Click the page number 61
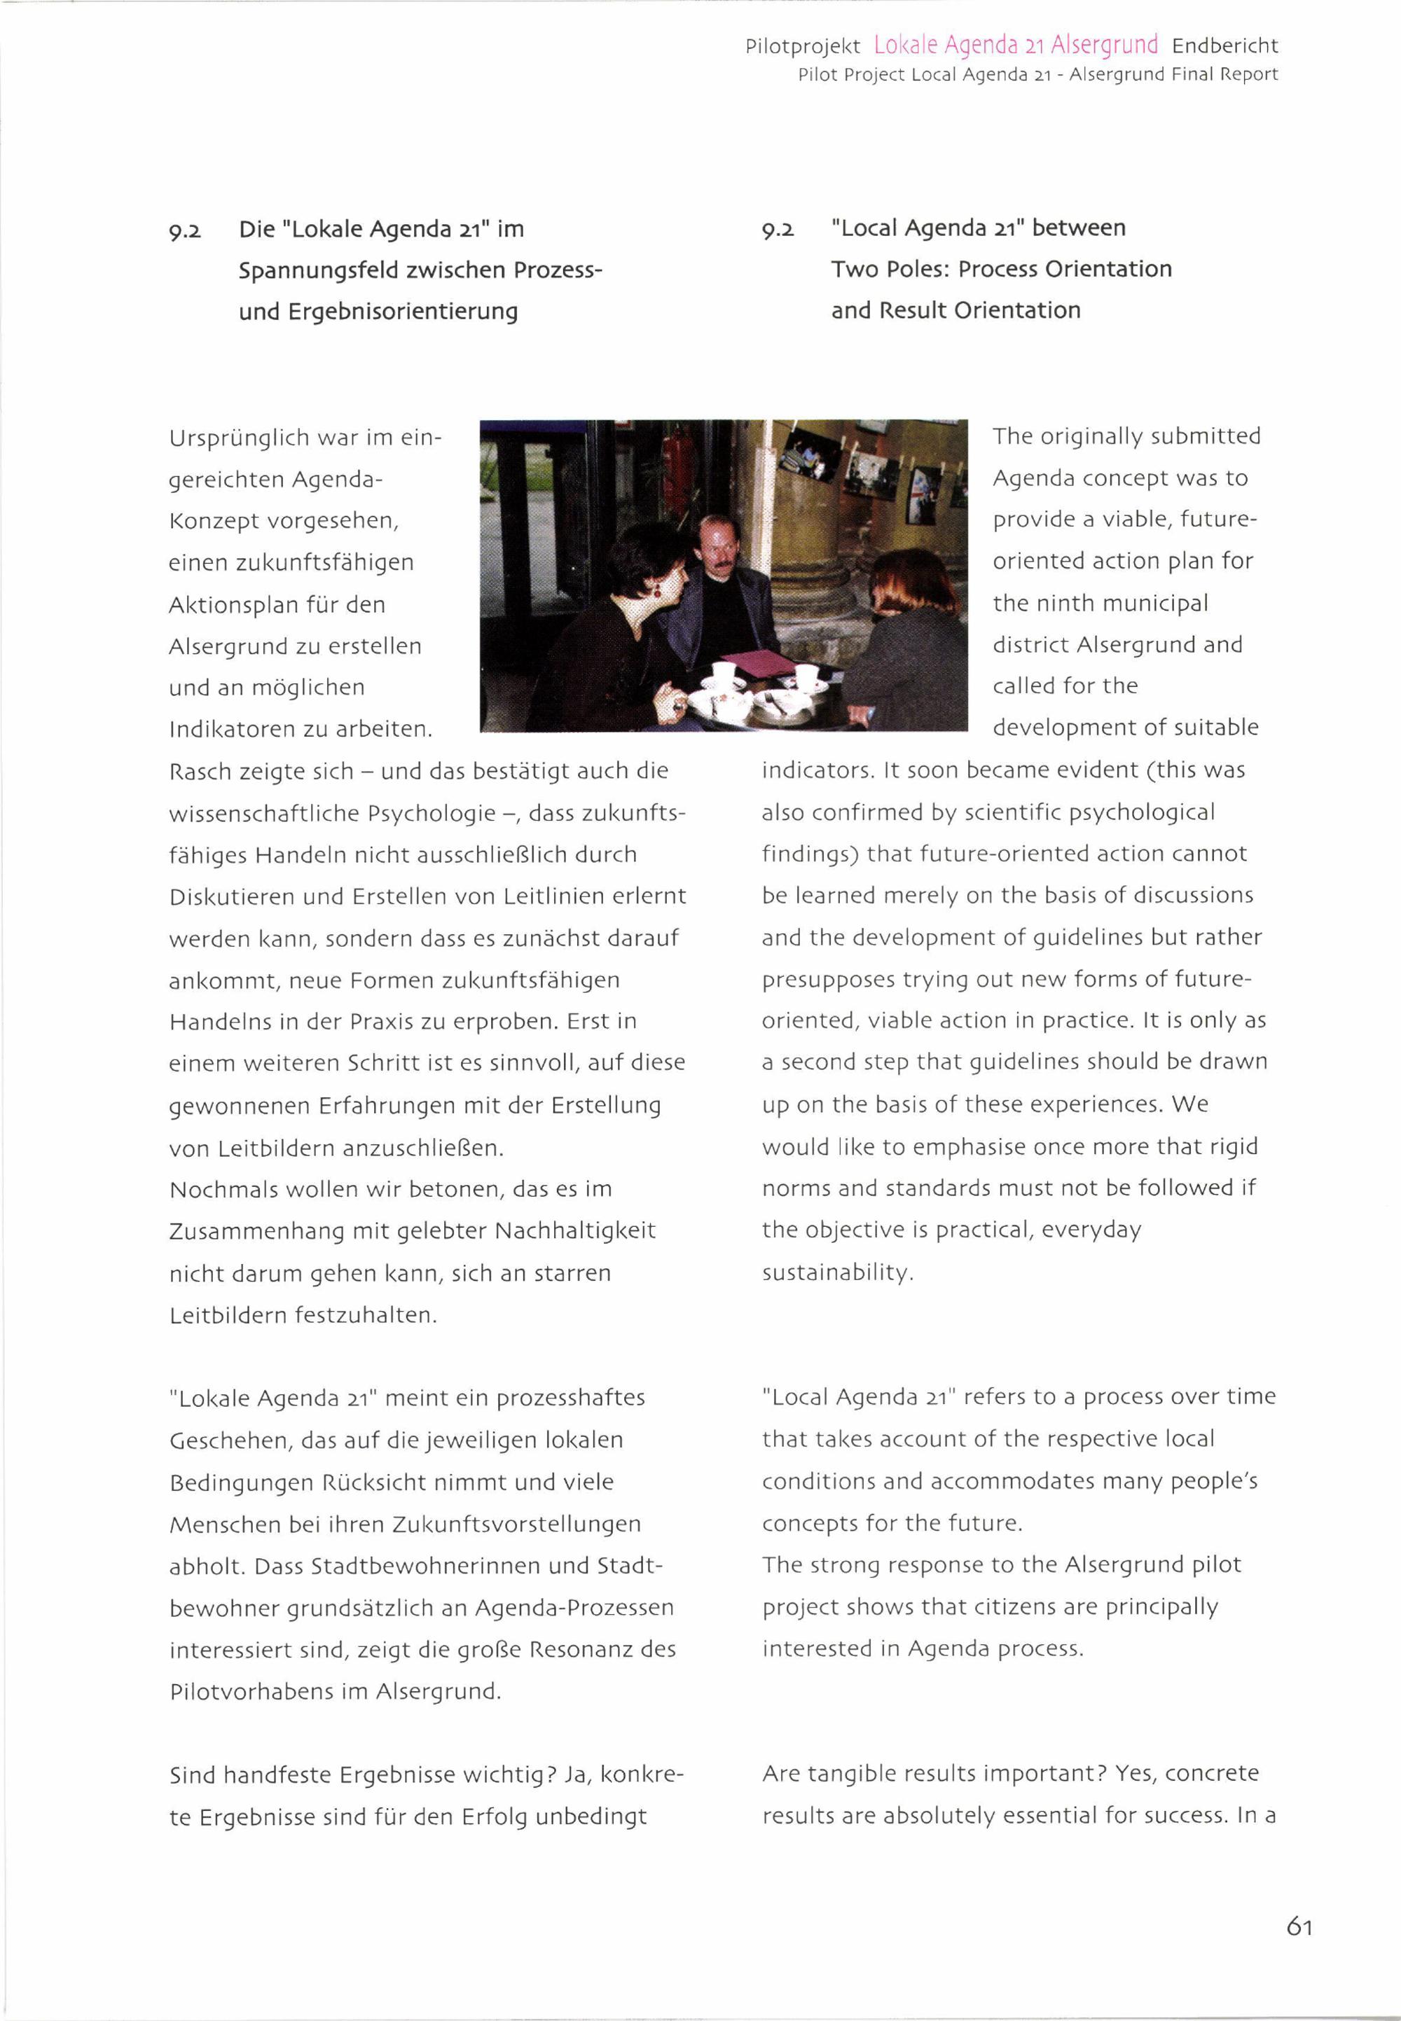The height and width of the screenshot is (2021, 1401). [x=1299, y=1926]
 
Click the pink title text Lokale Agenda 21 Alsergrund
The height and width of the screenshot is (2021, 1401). [x=1016, y=45]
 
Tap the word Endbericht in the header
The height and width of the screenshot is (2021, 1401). [x=1224, y=46]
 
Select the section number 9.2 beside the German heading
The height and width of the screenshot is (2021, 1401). [x=185, y=232]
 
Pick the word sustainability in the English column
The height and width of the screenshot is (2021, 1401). [x=836, y=1272]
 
